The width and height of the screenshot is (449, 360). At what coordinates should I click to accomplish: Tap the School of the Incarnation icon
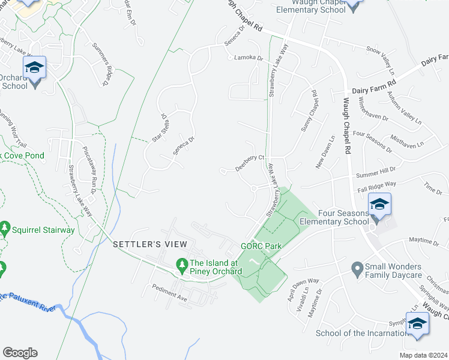(417, 325)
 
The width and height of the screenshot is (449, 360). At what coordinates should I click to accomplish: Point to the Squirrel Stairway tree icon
(5, 229)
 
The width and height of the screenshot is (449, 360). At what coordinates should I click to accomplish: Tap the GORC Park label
(261, 247)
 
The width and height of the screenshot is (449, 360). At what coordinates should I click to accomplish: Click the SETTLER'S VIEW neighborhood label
(150, 244)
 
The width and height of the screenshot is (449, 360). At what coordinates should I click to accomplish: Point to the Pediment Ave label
(170, 293)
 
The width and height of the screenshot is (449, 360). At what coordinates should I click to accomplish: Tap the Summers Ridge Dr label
(100, 64)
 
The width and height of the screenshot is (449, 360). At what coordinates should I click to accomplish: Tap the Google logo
(20, 353)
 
